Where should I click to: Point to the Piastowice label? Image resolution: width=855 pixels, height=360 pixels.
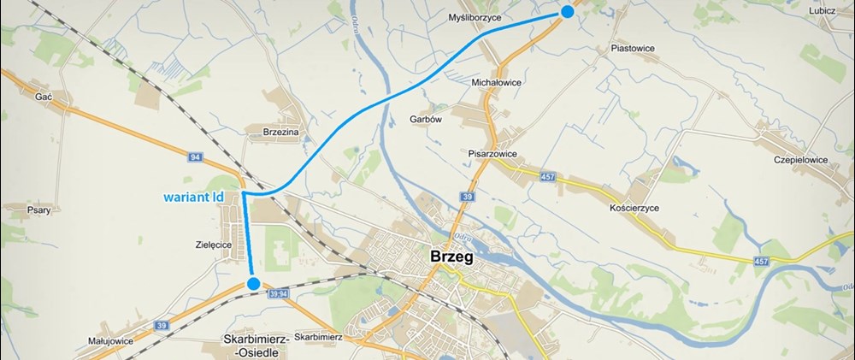tap(633, 49)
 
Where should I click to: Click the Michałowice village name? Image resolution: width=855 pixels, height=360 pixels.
tap(497, 83)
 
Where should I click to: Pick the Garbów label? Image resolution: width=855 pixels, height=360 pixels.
tap(425, 120)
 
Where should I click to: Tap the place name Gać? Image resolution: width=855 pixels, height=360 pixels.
tap(44, 97)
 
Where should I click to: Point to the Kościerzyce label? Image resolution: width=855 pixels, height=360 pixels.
tap(634, 208)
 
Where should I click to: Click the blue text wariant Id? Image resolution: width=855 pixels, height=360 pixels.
tap(194, 198)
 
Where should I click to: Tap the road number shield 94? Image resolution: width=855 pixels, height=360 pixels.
tap(195, 157)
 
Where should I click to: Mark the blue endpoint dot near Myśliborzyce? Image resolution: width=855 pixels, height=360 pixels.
tap(566, 10)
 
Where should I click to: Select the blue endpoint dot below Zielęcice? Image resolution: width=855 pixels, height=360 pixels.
tap(253, 283)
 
